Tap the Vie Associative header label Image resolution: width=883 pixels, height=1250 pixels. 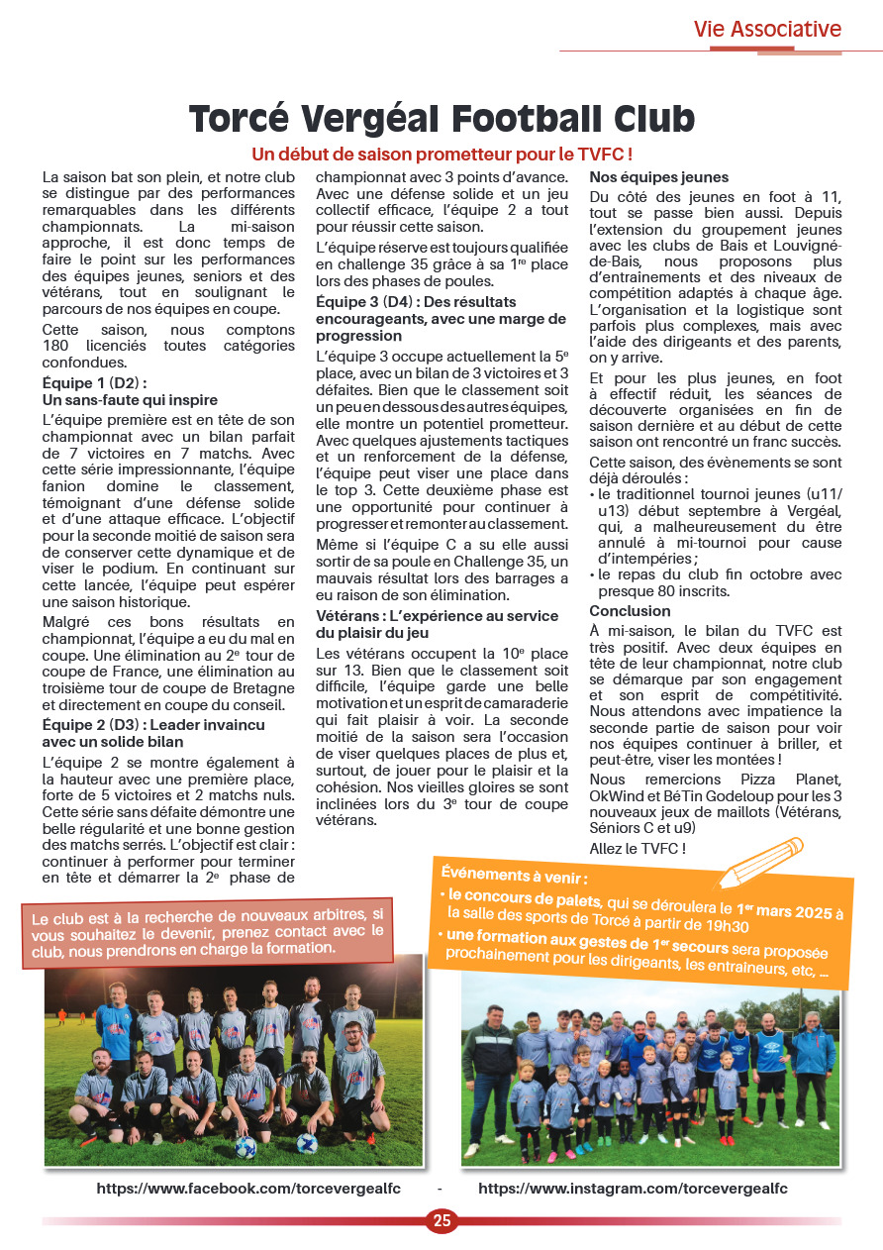[767, 29]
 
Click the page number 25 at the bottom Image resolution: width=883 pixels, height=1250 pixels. [441, 1220]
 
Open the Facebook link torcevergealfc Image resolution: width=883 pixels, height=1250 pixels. [248, 1189]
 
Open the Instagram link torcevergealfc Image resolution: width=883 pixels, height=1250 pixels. [633, 1189]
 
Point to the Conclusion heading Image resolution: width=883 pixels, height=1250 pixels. [631, 611]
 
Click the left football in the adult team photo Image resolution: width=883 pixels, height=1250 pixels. [245, 1146]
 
